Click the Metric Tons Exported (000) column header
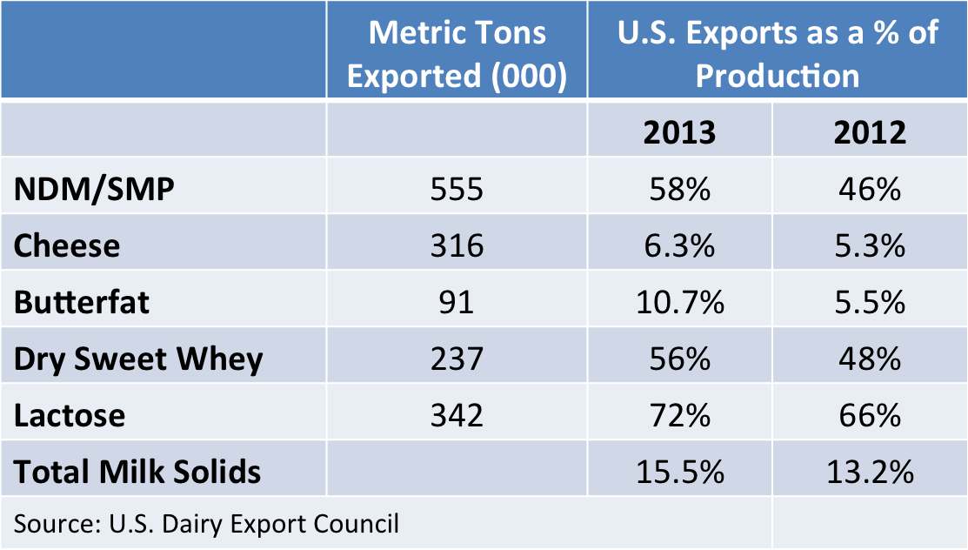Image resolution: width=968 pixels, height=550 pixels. click(x=457, y=54)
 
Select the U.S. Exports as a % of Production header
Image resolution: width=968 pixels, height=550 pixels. click(x=778, y=54)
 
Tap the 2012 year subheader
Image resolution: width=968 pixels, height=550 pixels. click(x=870, y=132)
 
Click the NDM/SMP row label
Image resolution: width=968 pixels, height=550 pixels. click(x=94, y=189)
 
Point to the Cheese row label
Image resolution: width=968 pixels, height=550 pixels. click(x=67, y=245)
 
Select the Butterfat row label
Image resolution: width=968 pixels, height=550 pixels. click(x=82, y=302)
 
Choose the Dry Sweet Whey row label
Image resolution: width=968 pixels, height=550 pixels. click(x=138, y=359)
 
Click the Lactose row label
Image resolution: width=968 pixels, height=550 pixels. click(x=70, y=415)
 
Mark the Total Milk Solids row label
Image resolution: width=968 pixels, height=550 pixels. click(x=137, y=472)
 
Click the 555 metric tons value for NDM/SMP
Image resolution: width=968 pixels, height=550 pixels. click(x=457, y=189)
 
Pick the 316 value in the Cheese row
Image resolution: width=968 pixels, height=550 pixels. click(x=457, y=245)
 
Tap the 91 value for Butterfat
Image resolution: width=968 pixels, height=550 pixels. click(x=457, y=302)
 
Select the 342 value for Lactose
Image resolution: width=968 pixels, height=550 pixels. click(x=457, y=415)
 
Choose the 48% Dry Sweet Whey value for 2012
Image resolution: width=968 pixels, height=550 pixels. click(x=870, y=359)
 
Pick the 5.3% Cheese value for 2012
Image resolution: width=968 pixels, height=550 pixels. click(x=870, y=245)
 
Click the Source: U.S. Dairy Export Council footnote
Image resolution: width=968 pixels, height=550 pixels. click(x=206, y=523)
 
